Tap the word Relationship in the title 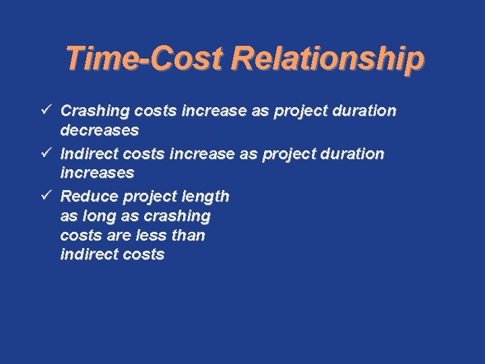[328, 59]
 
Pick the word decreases [99, 129]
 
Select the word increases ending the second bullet [97, 173]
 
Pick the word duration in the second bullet [354, 154]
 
